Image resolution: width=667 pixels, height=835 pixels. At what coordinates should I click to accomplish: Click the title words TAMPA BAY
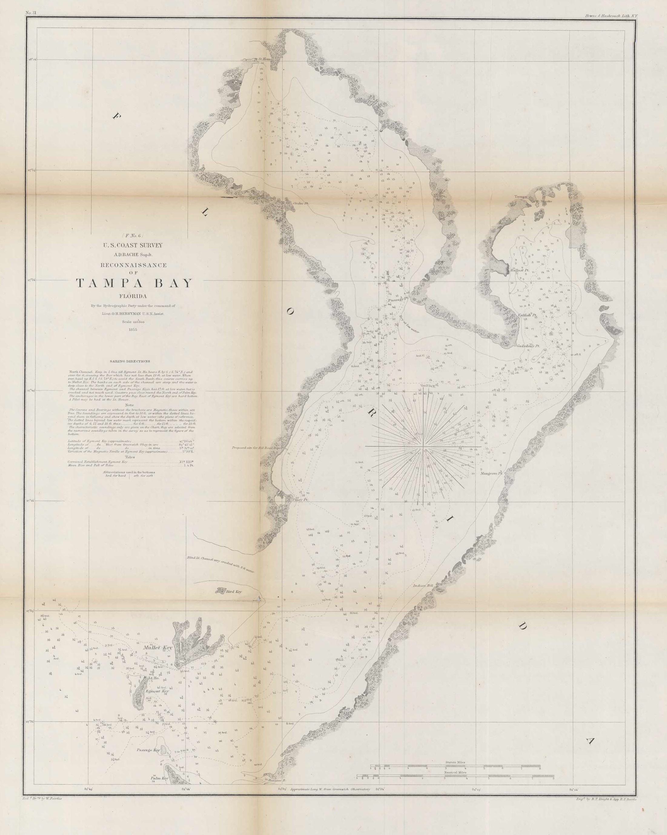pyautogui.click(x=134, y=283)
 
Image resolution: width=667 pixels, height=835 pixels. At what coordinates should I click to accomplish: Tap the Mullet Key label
pyautogui.click(x=158, y=648)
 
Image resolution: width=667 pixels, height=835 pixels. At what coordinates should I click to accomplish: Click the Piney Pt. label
pyautogui.click(x=300, y=500)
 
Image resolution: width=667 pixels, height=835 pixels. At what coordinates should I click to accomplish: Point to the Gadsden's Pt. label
pyautogui.click(x=528, y=346)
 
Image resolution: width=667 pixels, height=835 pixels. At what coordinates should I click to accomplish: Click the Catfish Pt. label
pyautogui.click(x=527, y=315)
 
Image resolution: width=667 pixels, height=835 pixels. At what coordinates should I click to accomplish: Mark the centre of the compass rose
pyautogui.click(x=424, y=447)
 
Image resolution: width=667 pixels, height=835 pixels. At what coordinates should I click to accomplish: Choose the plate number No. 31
pyautogui.click(x=31, y=13)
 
